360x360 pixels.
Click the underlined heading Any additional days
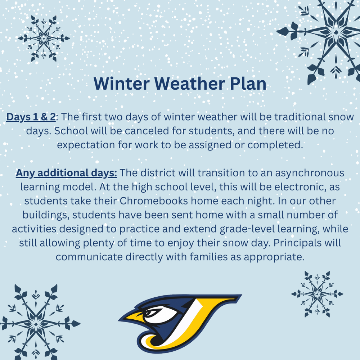click(x=66, y=173)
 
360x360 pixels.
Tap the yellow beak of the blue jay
click(x=135, y=318)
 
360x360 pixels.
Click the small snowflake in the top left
click(x=44, y=38)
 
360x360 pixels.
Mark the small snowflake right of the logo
click(x=317, y=294)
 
